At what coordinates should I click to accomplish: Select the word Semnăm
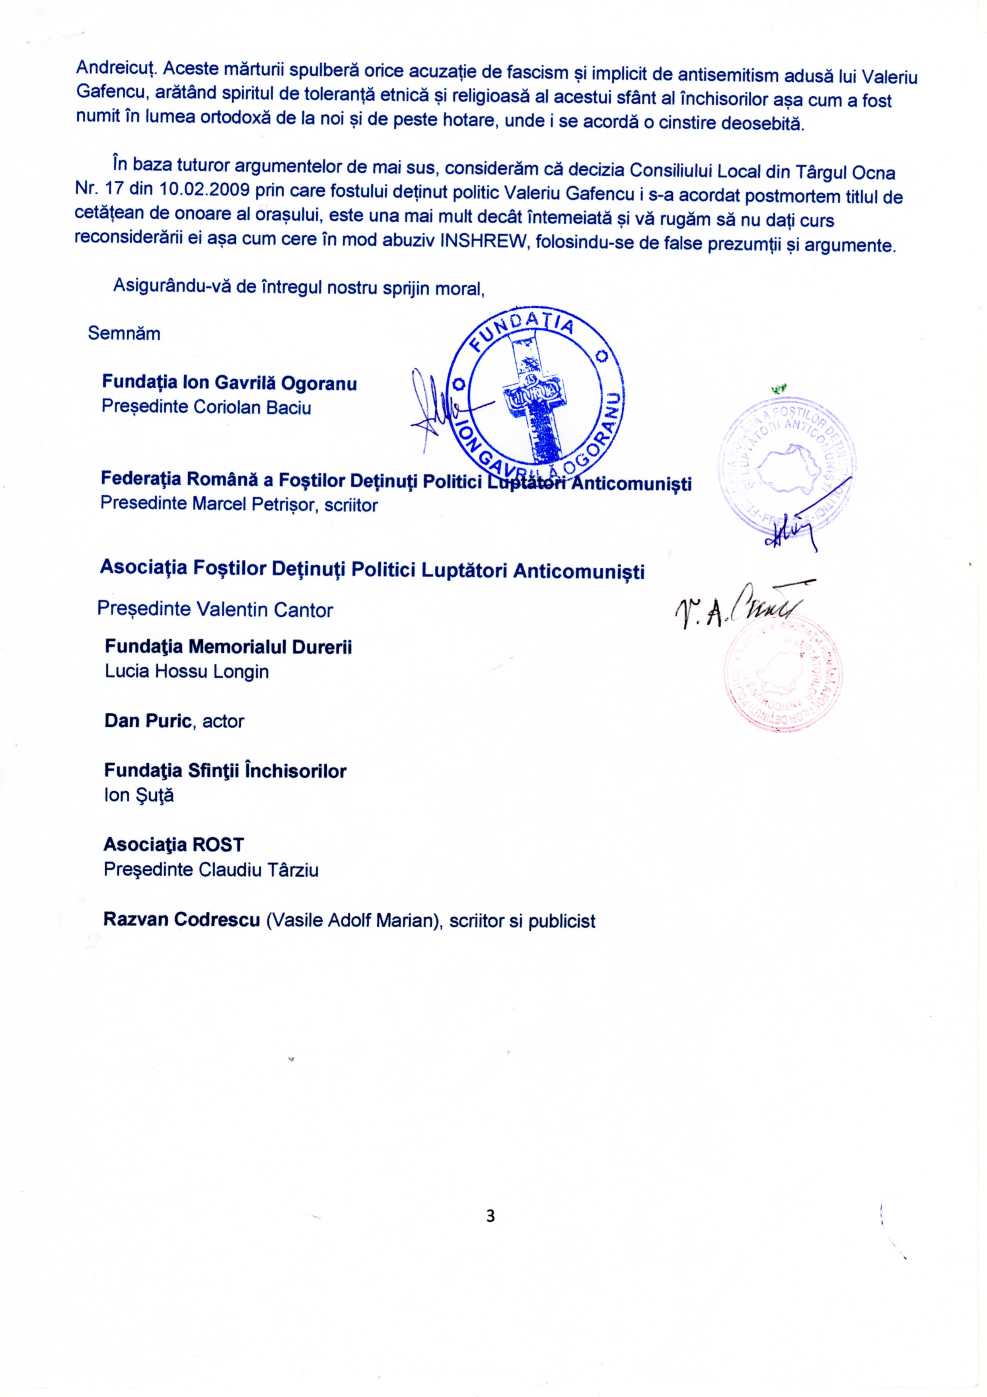[x=124, y=334]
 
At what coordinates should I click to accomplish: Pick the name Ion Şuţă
[x=139, y=795]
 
